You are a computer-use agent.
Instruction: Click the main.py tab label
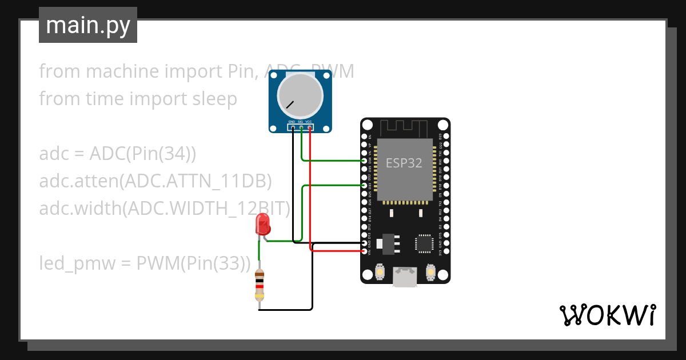tap(87, 26)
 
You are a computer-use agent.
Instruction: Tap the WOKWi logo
tap(607, 315)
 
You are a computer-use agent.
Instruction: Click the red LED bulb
tap(263, 223)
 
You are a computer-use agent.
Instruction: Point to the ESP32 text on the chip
tap(404, 163)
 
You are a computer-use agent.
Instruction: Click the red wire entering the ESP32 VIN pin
tap(337, 251)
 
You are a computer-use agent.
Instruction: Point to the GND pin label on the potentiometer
tap(292, 122)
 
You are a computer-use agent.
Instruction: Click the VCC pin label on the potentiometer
tap(309, 122)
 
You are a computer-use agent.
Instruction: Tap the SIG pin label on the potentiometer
tap(300, 122)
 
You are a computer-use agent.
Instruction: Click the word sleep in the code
tap(211, 99)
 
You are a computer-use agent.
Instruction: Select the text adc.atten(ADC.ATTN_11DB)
tap(155, 181)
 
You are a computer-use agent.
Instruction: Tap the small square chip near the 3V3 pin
tap(424, 243)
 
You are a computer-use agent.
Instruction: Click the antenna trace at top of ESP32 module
tap(405, 127)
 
